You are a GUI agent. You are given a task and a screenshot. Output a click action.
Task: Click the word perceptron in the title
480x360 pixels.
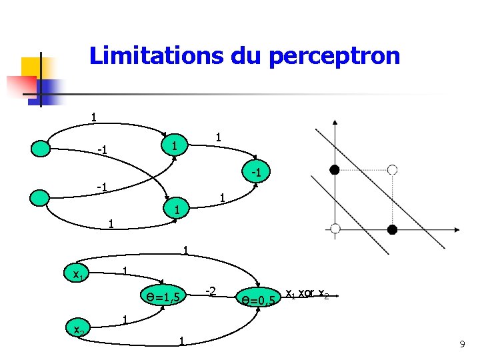point(334,57)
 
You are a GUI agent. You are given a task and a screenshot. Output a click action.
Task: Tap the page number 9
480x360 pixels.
point(461,344)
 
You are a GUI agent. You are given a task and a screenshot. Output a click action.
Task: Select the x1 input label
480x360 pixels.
point(77,273)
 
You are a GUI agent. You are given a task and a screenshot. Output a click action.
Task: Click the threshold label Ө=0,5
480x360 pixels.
point(259,301)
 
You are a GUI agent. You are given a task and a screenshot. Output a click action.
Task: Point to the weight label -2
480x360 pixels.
point(210,291)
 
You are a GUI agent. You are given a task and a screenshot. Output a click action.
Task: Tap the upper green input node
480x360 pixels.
point(41,147)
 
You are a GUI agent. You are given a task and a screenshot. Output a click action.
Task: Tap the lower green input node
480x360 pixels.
point(41,198)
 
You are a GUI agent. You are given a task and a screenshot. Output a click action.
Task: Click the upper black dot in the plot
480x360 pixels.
point(335,170)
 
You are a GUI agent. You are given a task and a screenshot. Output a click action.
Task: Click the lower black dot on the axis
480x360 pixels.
point(392,229)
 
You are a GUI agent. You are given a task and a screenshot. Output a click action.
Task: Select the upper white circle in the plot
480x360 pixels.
point(392,170)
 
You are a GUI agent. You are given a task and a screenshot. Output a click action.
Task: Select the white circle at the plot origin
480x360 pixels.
point(335,229)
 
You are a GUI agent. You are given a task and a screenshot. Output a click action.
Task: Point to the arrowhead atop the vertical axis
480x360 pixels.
point(335,123)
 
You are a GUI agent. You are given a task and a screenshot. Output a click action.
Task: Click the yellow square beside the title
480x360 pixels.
point(32,67)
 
